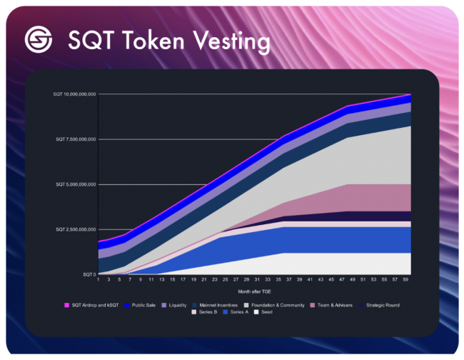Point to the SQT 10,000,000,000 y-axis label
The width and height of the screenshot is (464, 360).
click(75, 94)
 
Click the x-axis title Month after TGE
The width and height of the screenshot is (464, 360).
click(254, 291)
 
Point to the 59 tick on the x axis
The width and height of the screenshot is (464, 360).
click(406, 280)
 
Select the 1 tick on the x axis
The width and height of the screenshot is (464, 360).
click(99, 280)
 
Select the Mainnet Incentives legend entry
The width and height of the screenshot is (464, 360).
click(228, 305)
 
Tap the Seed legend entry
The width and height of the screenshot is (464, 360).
click(267, 313)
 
